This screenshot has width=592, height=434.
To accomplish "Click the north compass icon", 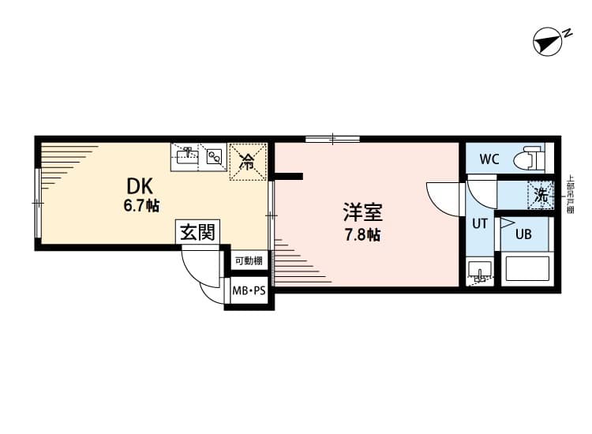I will (x=547, y=42).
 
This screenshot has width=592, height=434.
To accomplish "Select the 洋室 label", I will (x=362, y=212).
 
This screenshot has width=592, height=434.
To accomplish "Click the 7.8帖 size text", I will (x=363, y=234).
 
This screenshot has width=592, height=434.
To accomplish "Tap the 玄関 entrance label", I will (x=198, y=232).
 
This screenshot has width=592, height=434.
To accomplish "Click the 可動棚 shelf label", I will (x=249, y=260).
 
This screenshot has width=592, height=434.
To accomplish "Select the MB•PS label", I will (x=249, y=292).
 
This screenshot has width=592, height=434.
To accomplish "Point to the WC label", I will (x=489, y=159).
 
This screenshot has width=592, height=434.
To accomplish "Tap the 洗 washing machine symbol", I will (x=541, y=193).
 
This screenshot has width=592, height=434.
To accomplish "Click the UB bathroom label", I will (x=523, y=234).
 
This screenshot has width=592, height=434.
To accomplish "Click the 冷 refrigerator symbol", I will (x=247, y=163).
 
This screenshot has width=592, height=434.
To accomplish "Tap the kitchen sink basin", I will (x=185, y=159).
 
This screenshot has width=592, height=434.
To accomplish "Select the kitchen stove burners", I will (x=214, y=156).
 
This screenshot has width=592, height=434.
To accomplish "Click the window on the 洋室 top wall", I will (x=333, y=140).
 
